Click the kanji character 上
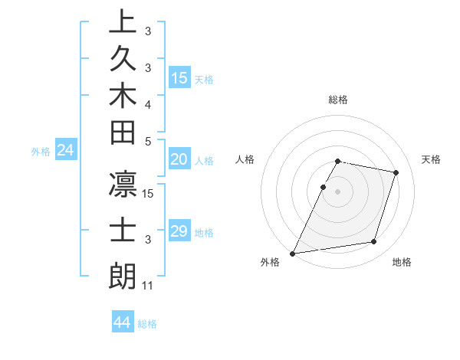click(123, 22)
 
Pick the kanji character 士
click(123, 231)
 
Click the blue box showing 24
click(66, 151)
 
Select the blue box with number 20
click(179, 159)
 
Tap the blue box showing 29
click(179, 231)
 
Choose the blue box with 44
click(123, 322)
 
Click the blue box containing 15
click(179, 77)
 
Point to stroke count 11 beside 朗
click(148, 286)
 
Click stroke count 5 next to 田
click(148, 141)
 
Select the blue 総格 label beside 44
click(147, 324)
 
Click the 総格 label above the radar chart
click(338, 100)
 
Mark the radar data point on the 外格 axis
click(293, 254)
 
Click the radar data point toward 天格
click(396, 172)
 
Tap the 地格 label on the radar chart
click(402, 262)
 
